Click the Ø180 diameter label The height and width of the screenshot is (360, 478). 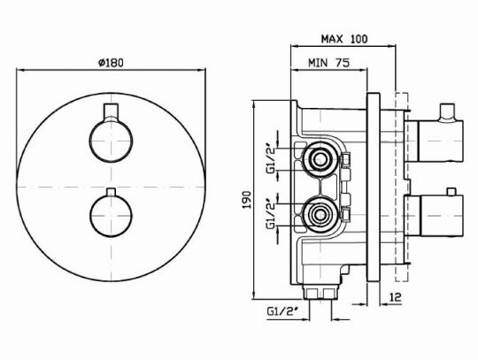tap(111, 63)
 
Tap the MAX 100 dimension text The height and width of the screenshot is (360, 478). tap(344, 39)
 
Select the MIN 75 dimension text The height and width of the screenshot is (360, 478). tap(329, 63)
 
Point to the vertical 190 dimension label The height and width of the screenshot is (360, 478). tap(246, 200)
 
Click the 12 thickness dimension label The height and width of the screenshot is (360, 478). tap(396, 297)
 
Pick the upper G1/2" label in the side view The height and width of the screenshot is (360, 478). tap(271, 160)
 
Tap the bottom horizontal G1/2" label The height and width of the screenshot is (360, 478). tap(282, 311)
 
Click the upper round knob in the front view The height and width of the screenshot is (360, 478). tap(111, 141)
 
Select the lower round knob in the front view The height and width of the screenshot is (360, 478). tap(111, 216)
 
